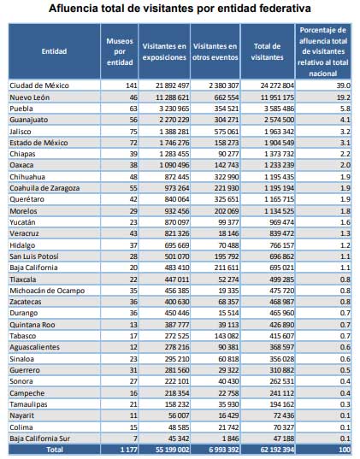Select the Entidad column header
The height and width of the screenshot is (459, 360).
[x=54, y=51]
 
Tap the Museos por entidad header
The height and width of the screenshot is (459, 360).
[x=120, y=51]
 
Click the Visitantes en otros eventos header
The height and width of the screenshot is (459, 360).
[x=215, y=51]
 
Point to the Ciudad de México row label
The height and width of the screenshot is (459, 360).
[x=39, y=85]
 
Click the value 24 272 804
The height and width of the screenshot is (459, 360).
[x=277, y=85]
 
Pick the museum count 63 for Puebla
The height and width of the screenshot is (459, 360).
[x=133, y=109]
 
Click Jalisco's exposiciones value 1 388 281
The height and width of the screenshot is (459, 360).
[x=174, y=132]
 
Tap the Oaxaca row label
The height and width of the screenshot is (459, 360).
[x=21, y=165]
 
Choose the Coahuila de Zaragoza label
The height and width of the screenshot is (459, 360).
[x=44, y=188]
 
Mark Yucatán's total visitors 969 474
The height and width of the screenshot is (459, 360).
[x=281, y=222]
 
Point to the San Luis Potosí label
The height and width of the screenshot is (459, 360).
[x=34, y=256]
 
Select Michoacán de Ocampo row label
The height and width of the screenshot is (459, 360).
[x=47, y=291]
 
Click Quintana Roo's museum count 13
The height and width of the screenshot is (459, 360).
[x=133, y=325]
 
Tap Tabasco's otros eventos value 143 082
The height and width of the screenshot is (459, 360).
[x=227, y=336]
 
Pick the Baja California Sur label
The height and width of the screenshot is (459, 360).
[x=40, y=438]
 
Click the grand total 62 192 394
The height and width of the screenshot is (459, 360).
[x=277, y=450]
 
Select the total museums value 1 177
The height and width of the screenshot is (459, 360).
[x=128, y=450]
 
